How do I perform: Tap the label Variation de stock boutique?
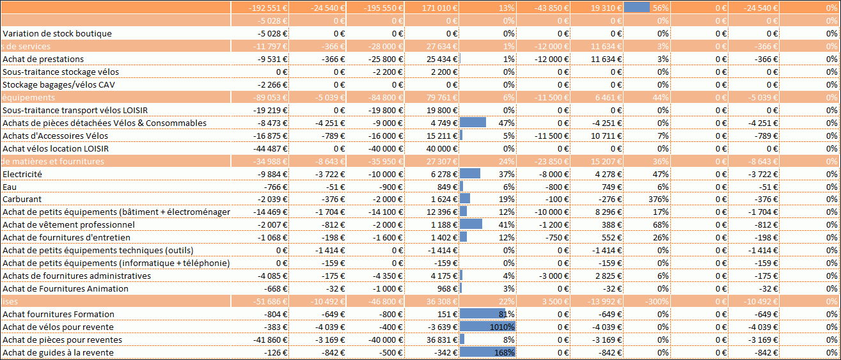click(57, 33)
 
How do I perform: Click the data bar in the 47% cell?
click(473, 123)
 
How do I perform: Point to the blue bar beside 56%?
click(636, 8)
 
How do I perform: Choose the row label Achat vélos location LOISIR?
click(56, 148)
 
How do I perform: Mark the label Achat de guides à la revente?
click(58, 352)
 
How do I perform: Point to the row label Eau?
click(9, 187)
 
